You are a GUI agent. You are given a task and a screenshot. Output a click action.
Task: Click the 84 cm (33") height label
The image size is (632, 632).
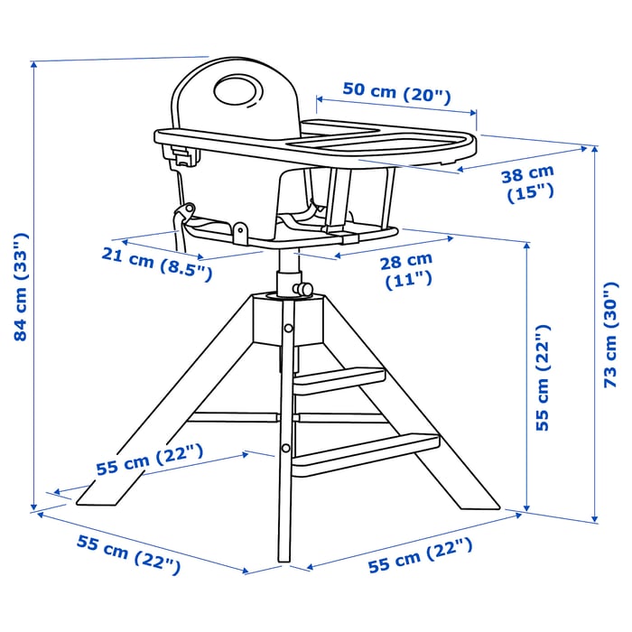(20, 287)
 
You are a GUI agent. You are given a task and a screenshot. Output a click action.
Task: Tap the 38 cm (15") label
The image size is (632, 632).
(528, 183)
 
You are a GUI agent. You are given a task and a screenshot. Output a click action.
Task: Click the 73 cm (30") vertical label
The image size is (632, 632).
(613, 335)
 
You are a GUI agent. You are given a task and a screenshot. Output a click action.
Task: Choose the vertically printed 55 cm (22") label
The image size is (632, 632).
(543, 376)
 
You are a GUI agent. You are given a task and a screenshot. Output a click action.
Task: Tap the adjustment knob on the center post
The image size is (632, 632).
(305, 289)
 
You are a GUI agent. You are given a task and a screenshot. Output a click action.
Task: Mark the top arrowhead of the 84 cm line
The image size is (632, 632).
(33, 64)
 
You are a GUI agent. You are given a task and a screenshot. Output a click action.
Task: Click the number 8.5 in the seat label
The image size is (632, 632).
(187, 268)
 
